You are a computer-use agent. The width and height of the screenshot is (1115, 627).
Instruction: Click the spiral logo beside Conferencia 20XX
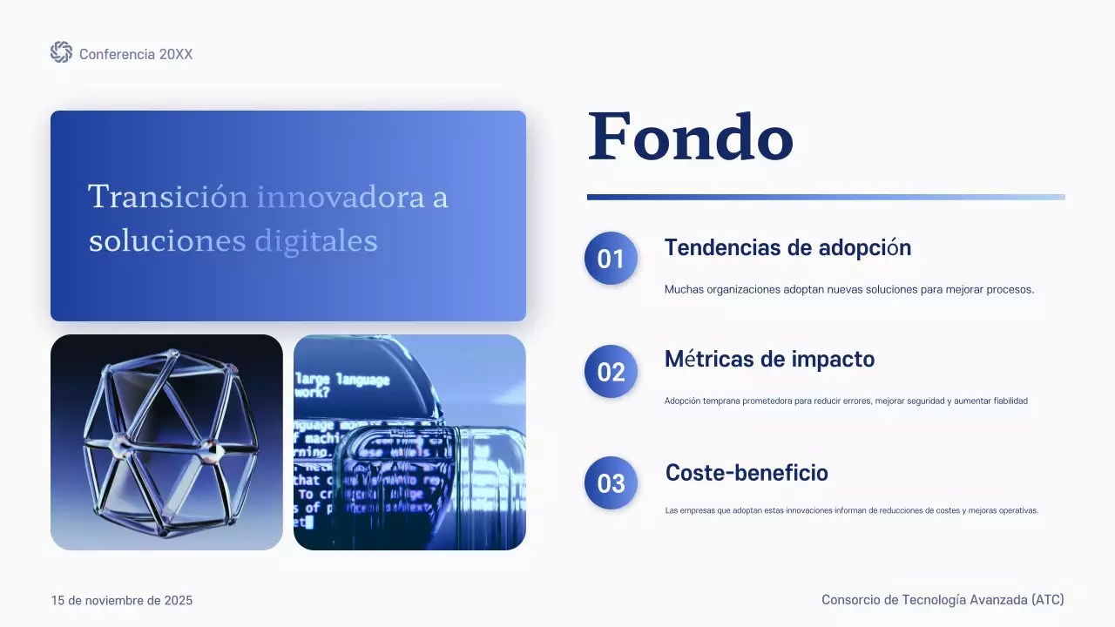[61, 52]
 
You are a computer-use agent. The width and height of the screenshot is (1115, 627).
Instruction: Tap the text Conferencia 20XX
[136, 54]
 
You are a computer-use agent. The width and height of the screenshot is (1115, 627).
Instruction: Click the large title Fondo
[691, 137]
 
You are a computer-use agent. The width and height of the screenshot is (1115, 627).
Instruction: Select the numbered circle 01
[611, 259]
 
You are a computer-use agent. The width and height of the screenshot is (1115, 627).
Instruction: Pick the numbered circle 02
[611, 372]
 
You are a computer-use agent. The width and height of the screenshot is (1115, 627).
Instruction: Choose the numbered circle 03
[611, 483]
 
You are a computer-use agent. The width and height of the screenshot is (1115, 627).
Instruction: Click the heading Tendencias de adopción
[787, 248]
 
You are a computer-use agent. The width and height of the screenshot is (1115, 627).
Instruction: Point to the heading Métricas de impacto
[769, 359]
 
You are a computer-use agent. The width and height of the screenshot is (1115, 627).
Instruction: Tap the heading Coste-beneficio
[747, 473]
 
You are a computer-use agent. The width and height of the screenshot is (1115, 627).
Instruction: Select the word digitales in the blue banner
[316, 240]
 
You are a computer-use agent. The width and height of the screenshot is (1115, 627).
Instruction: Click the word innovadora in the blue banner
[340, 197]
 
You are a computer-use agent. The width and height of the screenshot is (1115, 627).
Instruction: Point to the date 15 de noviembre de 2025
[122, 601]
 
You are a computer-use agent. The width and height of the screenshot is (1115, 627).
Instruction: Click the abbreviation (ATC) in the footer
[1047, 600]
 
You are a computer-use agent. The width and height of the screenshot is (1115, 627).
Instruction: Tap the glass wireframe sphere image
[166, 442]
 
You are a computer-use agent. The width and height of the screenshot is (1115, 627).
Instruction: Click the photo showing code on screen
[409, 442]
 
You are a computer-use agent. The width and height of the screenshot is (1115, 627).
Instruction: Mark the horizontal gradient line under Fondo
[826, 198]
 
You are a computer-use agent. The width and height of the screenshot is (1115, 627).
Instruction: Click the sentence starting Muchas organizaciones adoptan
[849, 290]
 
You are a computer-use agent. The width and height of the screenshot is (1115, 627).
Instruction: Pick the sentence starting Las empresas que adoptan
[852, 510]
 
